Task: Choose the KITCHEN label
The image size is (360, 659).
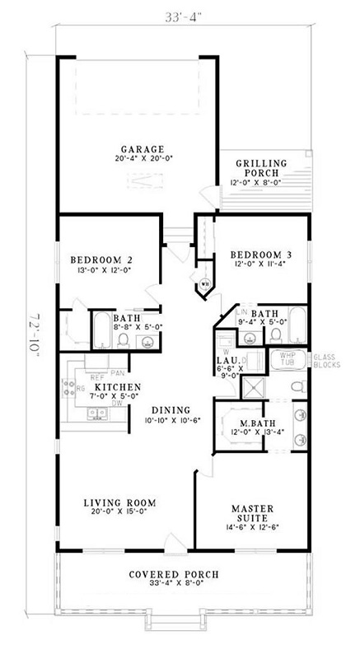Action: tap(116, 386)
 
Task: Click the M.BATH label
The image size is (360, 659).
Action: tap(245, 423)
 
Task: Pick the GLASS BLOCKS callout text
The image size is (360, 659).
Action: tap(330, 359)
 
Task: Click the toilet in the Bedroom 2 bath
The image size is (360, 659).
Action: tap(122, 338)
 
